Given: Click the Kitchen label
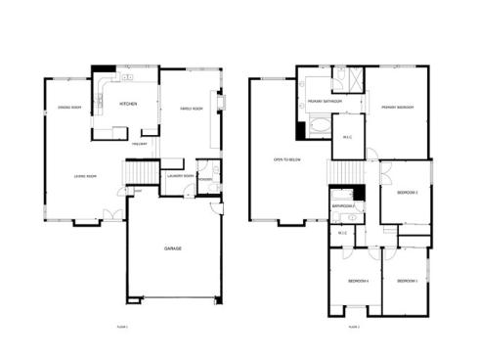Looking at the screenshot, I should point(128,103).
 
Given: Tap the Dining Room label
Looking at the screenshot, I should point(68,108).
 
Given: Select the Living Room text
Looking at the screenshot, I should point(85,176).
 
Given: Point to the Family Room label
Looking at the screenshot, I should point(191,108).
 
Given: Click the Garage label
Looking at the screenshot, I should point(172,248).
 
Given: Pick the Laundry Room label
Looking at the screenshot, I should point(179,176).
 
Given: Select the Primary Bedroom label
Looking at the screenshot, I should point(396,108).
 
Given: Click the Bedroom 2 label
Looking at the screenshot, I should point(407,193).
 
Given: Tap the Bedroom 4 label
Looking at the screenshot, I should point(358,281).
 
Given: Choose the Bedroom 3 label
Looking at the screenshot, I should point(407,281).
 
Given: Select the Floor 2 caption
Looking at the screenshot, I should point(354,326).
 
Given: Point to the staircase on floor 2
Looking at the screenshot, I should point(342,173).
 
